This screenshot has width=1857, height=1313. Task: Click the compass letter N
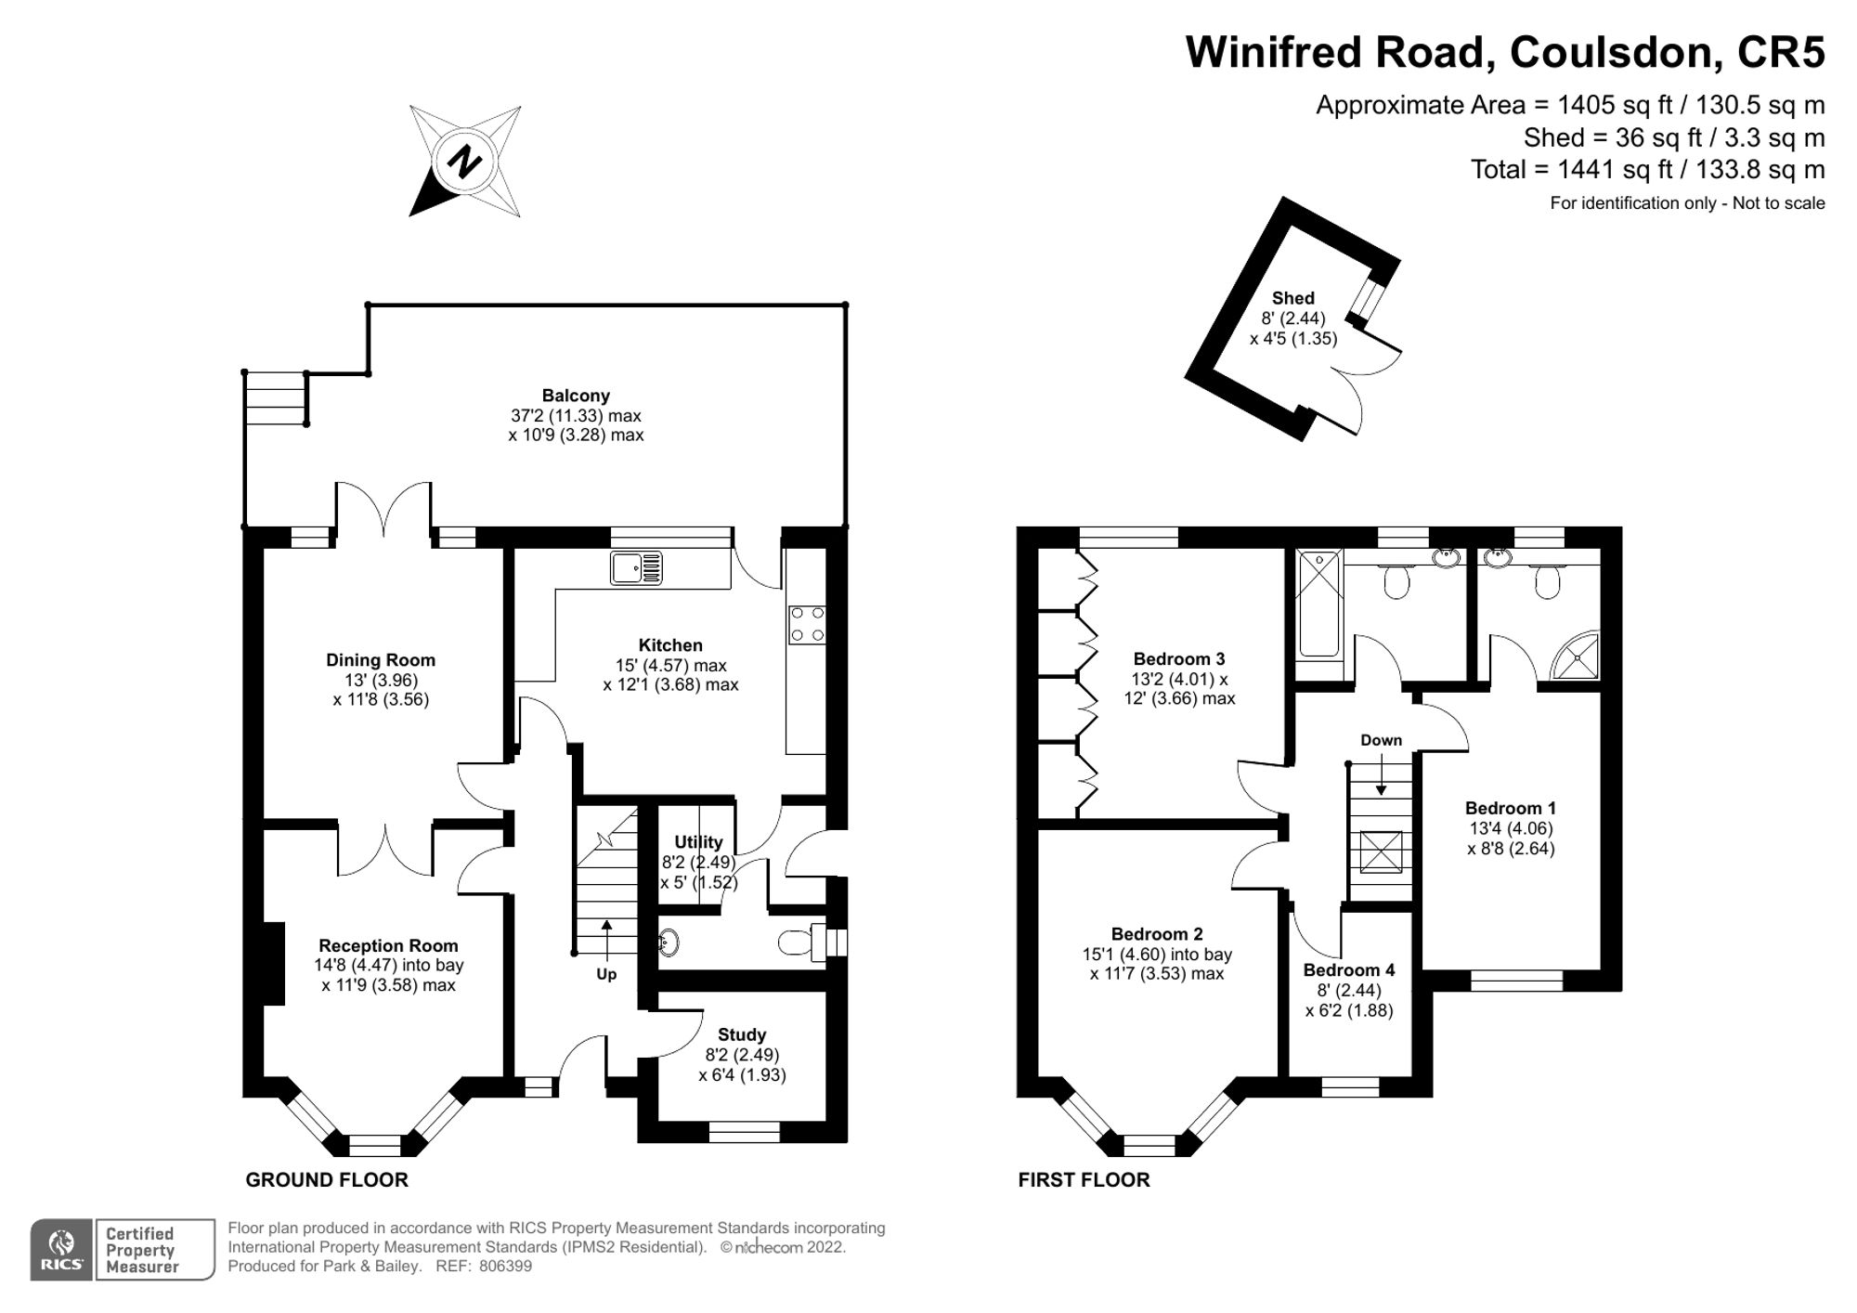coord(464,162)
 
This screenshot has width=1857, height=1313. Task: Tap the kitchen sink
coord(637,568)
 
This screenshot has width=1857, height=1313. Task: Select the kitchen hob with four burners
coord(806,625)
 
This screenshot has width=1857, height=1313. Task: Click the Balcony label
coord(576,396)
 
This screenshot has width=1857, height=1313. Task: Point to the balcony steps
coord(276,397)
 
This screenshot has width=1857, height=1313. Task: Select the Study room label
coord(742,1034)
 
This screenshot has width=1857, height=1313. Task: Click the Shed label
coord(1293,298)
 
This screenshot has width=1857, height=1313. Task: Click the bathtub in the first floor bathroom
coord(1319,604)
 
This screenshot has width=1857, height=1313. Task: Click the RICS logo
coord(61,1250)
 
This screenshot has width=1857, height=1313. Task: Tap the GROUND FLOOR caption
coord(327,1180)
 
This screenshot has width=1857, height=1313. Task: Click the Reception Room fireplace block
coord(273,963)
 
